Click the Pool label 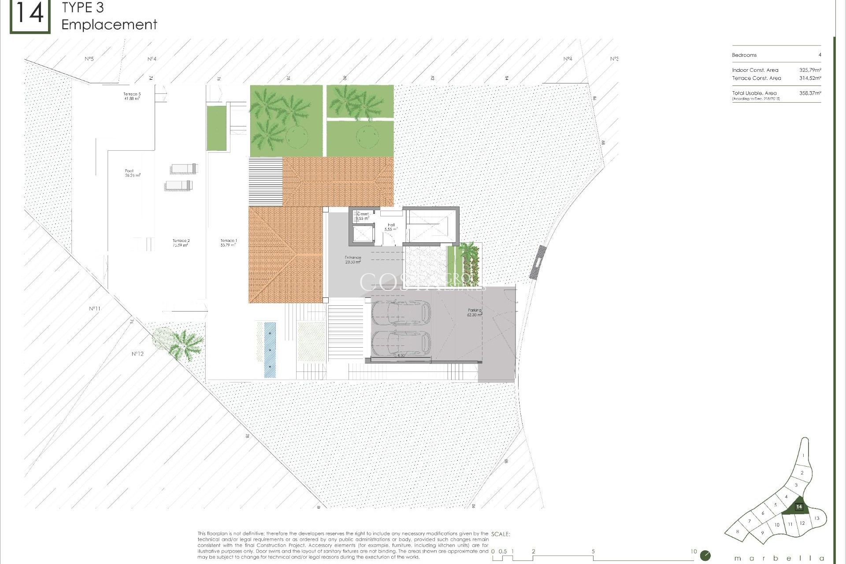coord(130,171)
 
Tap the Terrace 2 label coord(181,241)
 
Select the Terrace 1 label coord(229,241)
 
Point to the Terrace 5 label coord(132,94)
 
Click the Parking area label coord(475,311)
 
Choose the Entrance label coord(353,258)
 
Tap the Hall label coord(391,225)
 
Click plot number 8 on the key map coord(737,532)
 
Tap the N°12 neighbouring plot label coord(137,354)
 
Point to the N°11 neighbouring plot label coord(95,308)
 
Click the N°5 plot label coord(89,59)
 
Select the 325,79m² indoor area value coord(810,70)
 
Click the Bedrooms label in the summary coord(744,55)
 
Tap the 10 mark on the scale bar coord(694,551)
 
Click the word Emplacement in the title coord(109,25)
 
